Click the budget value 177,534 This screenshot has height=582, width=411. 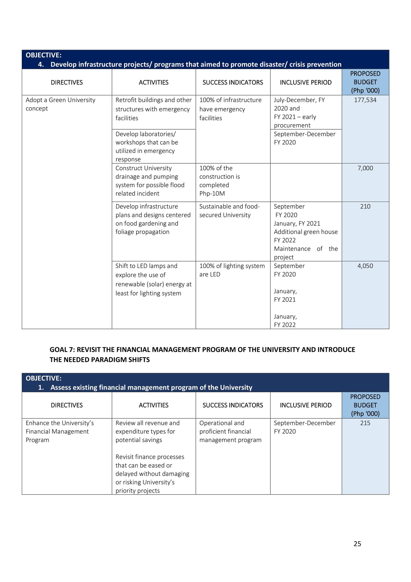click(365, 100)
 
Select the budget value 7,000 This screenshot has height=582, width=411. click(365, 168)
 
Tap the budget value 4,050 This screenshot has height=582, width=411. click(365, 266)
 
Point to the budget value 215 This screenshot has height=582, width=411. click(365, 423)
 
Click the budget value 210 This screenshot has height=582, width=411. click(365, 207)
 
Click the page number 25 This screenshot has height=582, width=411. click(357, 544)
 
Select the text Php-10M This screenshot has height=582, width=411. click(212, 193)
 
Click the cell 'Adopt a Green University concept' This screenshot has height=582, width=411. click(60, 104)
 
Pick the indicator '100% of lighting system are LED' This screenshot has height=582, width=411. click(232, 270)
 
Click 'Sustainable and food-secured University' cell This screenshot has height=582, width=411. click(229, 211)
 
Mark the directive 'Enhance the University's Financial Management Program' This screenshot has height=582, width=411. click(60, 431)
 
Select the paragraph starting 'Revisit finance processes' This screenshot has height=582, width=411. click(152, 473)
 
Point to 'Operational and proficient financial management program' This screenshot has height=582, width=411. click(230, 431)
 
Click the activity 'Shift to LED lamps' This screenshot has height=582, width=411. click(153, 280)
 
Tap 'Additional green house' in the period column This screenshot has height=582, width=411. click(305, 232)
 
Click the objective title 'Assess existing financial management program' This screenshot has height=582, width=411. click(151, 387)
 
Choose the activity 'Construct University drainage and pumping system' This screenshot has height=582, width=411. click(150, 181)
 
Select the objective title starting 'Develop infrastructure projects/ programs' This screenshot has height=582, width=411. click(196, 64)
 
